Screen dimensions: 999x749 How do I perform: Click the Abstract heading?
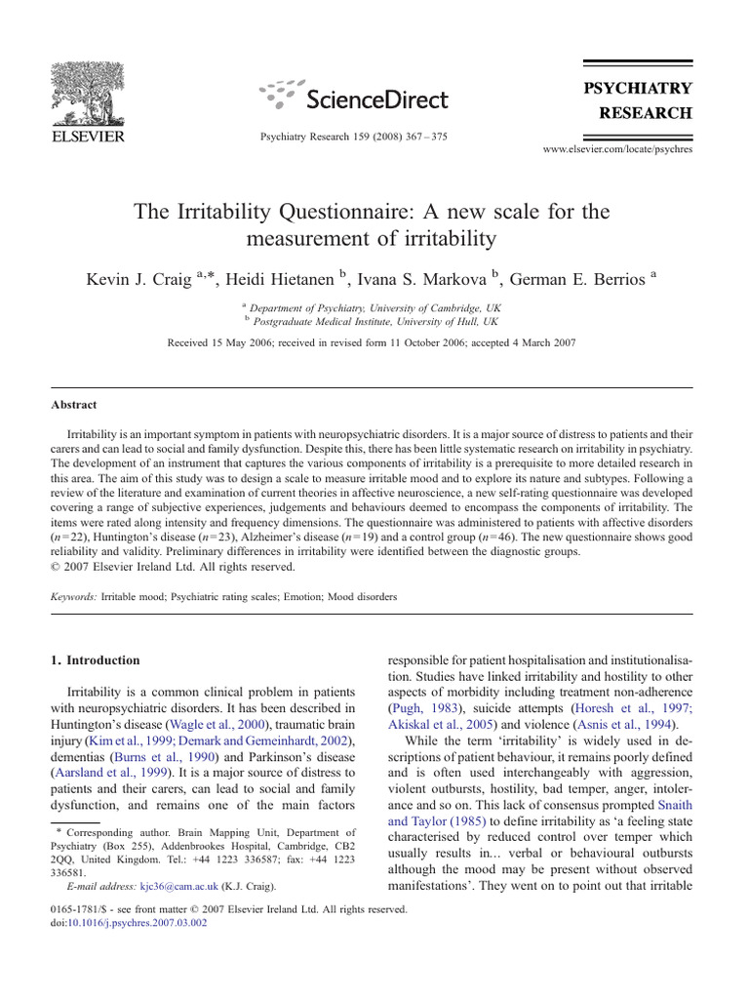(x=74, y=405)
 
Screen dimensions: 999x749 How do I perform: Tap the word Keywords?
(x=73, y=595)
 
